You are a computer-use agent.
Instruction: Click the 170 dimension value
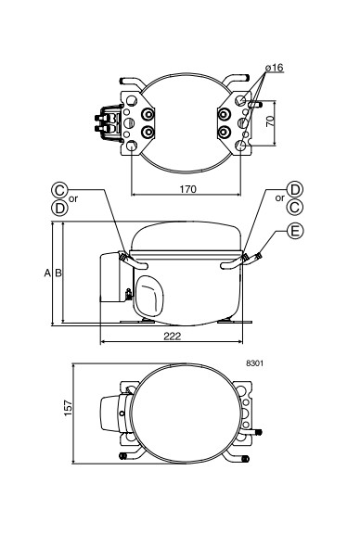[188, 189]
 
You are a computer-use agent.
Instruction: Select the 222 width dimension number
[173, 337]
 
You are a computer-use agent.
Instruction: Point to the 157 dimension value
[68, 408]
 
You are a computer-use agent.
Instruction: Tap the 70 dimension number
[270, 121]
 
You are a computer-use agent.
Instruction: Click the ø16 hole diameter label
[275, 68]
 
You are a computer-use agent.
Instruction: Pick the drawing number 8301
[254, 363]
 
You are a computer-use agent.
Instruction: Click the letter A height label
[47, 273]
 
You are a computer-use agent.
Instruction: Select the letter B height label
[58, 273]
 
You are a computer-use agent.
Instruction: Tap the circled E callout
[294, 231]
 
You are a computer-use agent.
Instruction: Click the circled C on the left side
[59, 190]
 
